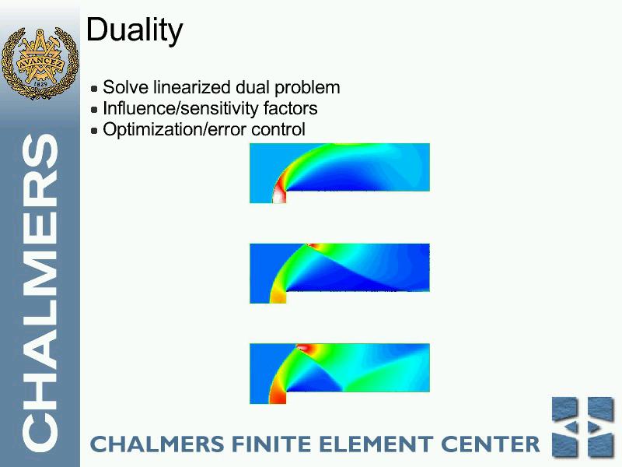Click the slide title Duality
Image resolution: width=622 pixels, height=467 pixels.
pyautogui.click(x=135, y=30)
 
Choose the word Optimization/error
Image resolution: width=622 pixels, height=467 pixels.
pyautogui.click(x=174, y=129)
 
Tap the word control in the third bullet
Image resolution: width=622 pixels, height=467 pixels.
pyautogui.click(x=278, y=129)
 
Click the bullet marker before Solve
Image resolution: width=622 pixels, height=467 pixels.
pyautogui.click(x=94, y=89)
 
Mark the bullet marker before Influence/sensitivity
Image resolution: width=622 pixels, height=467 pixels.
pyautogui.click(x=94, y=110)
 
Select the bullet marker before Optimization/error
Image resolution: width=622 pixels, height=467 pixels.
pyautogui.click(x=94, y=130)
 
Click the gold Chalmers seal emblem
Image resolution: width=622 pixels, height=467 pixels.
pyautogui.click(x=40, y=63)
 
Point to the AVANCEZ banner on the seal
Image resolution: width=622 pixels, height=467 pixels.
pyautogui.click(x=40, y=64)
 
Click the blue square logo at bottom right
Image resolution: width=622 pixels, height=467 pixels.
pyautogui.click(x=583, y=427)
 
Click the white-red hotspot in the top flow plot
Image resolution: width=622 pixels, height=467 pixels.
pyautogui.click(x=279, y=192)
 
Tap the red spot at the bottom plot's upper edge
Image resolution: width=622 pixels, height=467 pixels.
pyautogui.click(x=305, y=348)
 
